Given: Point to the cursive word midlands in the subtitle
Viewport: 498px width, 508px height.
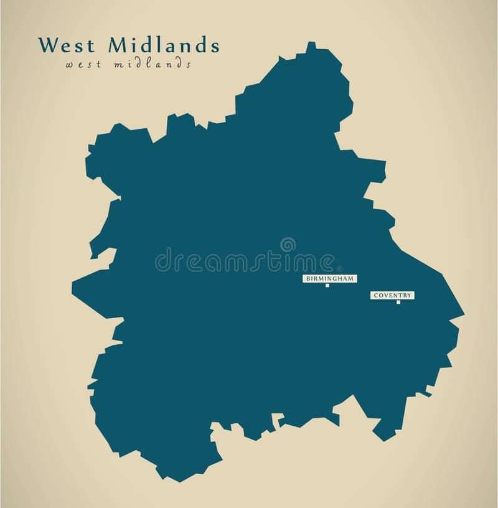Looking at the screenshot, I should (x=153, y=64).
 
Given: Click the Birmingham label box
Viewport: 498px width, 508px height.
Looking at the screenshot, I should (x=329, y=279).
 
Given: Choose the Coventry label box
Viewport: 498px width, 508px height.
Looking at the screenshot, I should (x=392, y=296).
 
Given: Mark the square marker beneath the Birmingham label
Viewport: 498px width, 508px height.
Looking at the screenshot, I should (x=327, y=286).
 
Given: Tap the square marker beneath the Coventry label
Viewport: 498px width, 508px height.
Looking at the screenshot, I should (x=398, y=302).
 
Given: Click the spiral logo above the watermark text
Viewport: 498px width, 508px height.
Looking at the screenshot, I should (x=287, y=245).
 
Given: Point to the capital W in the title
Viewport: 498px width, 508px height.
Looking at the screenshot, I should (x=46, y=46).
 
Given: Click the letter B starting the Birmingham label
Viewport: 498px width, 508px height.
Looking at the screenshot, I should (x=307, y=279).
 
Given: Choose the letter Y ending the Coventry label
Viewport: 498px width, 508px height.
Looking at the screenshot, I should (x=410, y=296).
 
